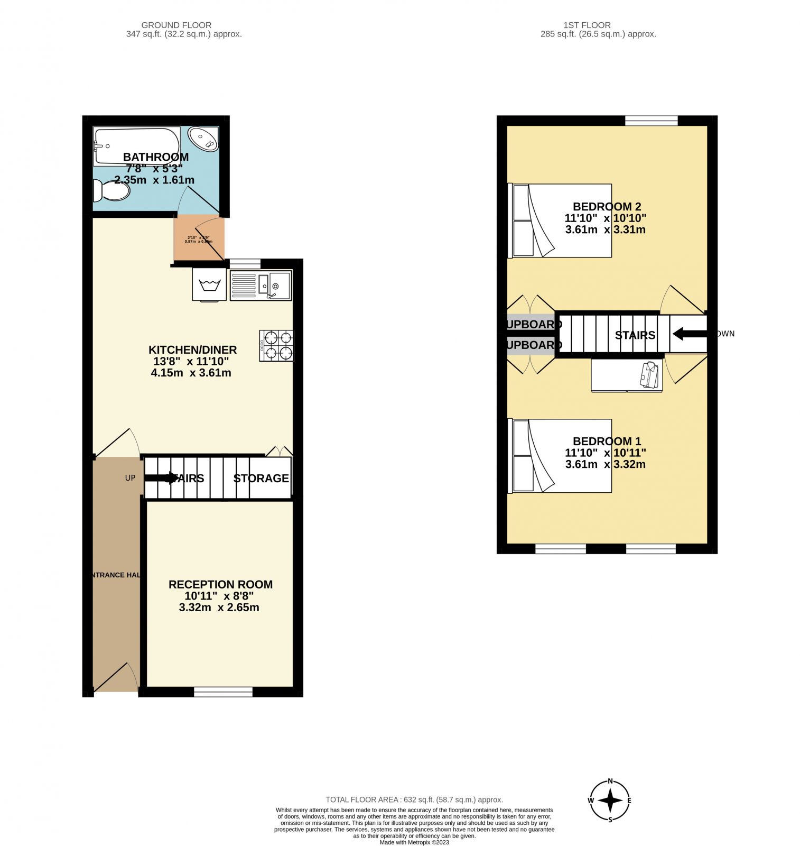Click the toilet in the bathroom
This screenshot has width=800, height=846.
pos(112,190)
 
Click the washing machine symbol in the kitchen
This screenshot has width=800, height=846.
pos(209,285)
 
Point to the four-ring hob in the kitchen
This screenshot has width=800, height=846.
pos(276,346)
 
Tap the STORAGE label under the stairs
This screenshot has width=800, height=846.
pos(261,478)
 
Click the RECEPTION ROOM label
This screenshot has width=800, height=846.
pos(220,584)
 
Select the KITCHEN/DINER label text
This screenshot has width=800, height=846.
pos(192,350)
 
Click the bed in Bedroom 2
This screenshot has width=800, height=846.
pos(560,220)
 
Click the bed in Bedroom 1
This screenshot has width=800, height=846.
pos(560,456)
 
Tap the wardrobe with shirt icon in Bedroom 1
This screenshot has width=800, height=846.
pos(627,375)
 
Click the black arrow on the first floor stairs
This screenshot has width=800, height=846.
pos(689,334)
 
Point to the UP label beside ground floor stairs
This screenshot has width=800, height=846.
pos(130,478)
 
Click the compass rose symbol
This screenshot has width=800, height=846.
pos(610,801)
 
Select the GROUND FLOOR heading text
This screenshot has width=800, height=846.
pos(176,25)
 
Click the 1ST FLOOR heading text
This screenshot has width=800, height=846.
pos(587,25)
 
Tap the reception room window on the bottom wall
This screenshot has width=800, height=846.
pos(223,691)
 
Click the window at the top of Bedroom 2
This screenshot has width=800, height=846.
pos(651,121)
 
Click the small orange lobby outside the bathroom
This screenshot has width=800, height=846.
pos(199,239)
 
